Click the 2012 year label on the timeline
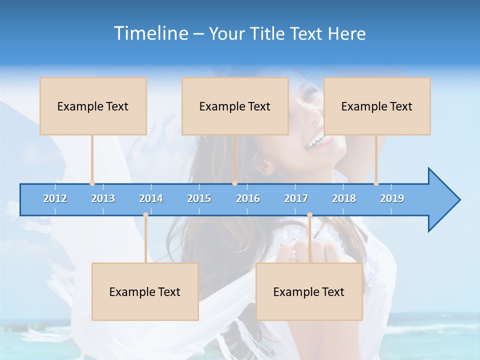[55, 198]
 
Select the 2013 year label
[103, 198]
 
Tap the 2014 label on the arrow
[151, 198]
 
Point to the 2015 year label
[199, 198]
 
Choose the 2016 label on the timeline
[248, 198]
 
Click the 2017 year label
[296, 198]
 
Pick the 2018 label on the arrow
[344, 198]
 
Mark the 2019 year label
[392, 198]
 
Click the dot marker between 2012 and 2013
[92, 183]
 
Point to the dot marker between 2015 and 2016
[234, 183]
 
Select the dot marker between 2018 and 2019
[376, 183]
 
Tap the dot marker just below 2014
[145, 215]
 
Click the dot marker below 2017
[309, 215]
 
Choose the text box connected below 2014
[145, 291]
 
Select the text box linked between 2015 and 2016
[235, 106]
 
